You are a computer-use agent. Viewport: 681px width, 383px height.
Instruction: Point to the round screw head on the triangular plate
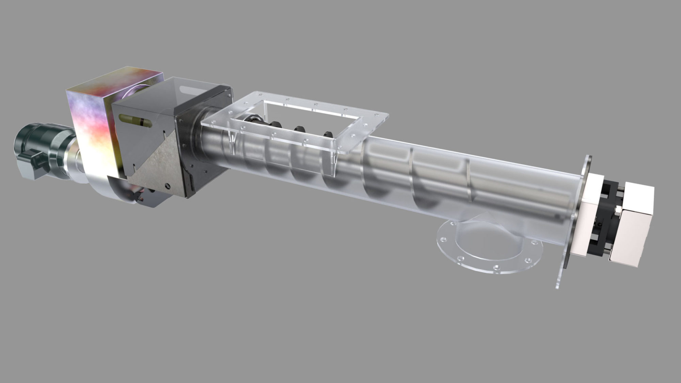167,186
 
